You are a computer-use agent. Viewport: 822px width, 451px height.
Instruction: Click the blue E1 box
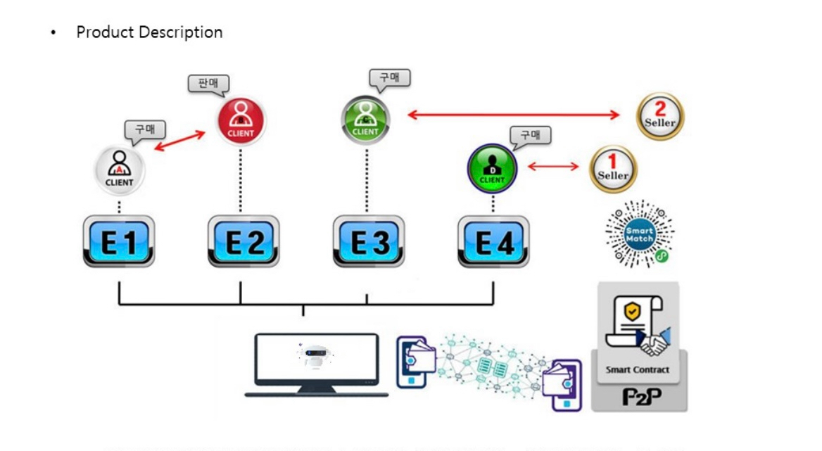tap(119, 241)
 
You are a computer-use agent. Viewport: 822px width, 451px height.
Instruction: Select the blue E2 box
tap(244, 241)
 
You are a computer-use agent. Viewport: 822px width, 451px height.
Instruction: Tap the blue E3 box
tap(369, 241)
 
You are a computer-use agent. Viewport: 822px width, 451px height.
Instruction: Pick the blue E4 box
tap(493, 241)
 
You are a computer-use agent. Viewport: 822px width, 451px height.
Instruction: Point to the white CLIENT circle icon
tap(120, 169)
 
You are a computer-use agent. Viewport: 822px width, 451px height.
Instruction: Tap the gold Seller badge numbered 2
tap(659, 116)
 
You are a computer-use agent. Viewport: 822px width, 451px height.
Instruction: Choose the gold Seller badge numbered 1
tap(612, 169)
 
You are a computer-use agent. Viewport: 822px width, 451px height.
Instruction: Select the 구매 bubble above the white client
tap(145, 130)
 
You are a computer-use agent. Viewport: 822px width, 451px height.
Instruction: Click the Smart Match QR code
tap(640, 234)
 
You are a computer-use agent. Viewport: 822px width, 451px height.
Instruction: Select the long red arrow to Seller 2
tap(514, 115)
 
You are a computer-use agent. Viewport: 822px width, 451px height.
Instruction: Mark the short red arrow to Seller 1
tap(552, 167)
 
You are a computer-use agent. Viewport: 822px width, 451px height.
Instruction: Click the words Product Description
tap(149, 32)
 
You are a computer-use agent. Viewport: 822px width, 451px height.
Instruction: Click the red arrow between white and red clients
tap(179, 139)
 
